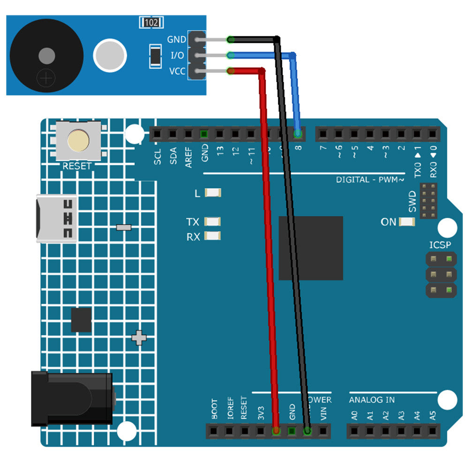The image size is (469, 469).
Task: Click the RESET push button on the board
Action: click(79, 141)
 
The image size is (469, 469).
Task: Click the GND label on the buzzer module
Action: click(177, 40)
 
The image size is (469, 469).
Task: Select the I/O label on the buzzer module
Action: click(177, 56)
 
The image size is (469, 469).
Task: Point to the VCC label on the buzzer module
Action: click(177, 72)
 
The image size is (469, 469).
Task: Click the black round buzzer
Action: click(46, 56)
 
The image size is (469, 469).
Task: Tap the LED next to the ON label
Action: click(407, 222)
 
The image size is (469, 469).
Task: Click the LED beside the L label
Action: click(213, 193)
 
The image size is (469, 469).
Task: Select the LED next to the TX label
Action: click(213, 222)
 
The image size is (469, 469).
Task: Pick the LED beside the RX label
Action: click(213, 237)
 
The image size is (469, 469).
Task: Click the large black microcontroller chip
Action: click(310, 248)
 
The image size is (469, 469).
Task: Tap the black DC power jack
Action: click(72, 399)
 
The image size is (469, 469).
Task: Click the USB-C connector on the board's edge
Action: click(57, 219)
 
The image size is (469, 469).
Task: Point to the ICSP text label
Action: click(440, 245)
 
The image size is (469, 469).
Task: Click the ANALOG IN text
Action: click(371, 400)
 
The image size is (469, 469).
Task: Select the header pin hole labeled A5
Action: click(433, 431)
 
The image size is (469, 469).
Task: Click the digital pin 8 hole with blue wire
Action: click(298, 135)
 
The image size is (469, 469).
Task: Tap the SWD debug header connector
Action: click(428, 201)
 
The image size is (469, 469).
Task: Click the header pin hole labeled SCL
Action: click(157, 135)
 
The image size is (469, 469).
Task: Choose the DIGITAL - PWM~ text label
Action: click(370, 180)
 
